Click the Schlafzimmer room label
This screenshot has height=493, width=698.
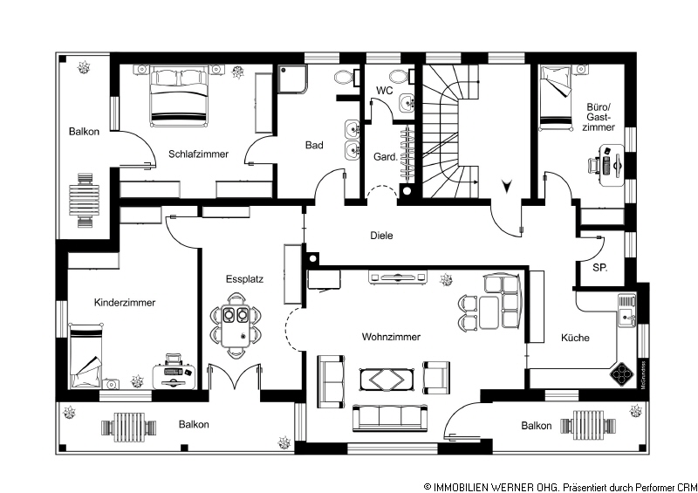click(199, 154)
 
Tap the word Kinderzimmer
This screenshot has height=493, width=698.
click(125, 303)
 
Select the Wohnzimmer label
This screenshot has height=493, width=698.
click(391, 337)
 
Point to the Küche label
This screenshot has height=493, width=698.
click(575, 338)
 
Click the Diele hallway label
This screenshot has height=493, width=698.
click(381, 236)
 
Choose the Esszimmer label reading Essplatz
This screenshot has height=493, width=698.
click(244, 279)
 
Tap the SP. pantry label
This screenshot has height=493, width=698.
click(600, 268)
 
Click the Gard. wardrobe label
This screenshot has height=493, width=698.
click(385, 157)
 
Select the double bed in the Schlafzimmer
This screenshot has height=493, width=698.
click(179, 96)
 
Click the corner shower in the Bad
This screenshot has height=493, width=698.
click(292, 79)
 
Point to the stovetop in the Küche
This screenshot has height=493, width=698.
click(622, 373)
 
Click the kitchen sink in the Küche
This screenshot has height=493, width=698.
click(626, 310)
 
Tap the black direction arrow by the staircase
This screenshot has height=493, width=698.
click(507, 186)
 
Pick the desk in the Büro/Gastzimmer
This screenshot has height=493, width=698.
click(612, 165)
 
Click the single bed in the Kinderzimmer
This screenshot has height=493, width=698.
click(86, 356)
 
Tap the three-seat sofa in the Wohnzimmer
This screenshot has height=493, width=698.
click(390, 418)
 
